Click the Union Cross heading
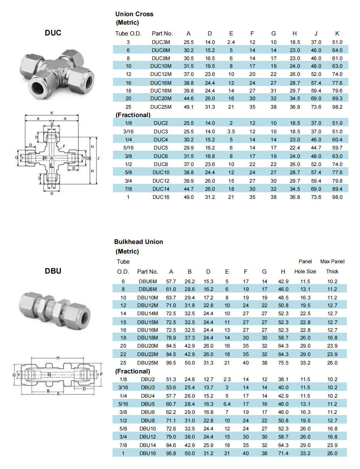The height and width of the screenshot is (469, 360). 134,14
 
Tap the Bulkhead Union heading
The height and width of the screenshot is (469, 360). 138,242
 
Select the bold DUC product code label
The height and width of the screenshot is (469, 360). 53,33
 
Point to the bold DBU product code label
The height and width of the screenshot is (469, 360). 53,271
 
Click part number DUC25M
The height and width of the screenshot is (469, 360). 161,107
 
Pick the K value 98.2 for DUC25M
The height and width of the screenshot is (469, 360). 337,107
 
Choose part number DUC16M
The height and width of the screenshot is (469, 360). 161,83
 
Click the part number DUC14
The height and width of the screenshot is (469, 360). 161,189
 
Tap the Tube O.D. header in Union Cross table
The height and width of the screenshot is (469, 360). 127,34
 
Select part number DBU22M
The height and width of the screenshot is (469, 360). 148,355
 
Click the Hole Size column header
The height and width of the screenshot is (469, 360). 305,272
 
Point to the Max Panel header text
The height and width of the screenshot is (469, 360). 332,262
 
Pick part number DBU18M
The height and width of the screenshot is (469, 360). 148,338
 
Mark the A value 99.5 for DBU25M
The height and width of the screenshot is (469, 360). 171,363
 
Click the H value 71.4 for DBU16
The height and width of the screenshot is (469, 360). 283,454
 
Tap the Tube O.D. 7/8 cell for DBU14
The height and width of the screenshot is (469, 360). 123,445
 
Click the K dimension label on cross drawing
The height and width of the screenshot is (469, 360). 52,113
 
